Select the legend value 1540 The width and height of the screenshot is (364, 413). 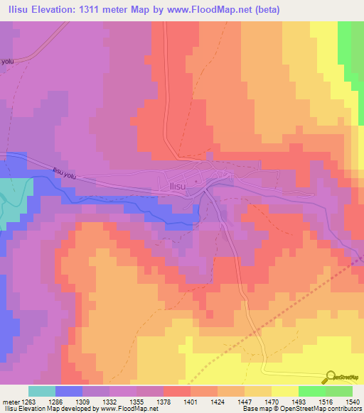tap(353, 402)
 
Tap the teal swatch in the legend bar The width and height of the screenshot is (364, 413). tap(42, 391)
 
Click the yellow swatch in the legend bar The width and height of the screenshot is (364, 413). tap(284, 391)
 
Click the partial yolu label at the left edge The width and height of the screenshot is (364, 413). tap(7, 61)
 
